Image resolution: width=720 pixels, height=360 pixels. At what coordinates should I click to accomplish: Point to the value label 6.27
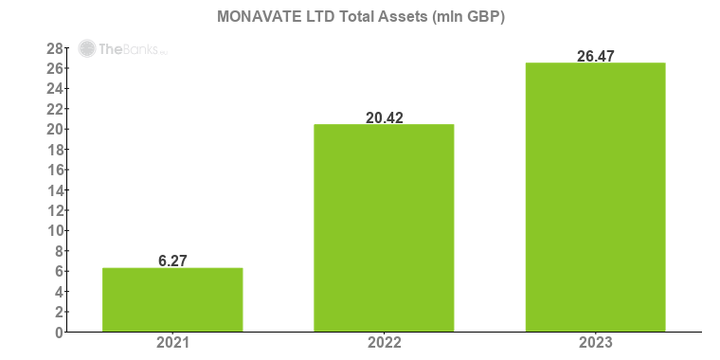(x=172, y=261)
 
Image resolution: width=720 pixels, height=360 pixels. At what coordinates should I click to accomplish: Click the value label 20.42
(x=384, y=117)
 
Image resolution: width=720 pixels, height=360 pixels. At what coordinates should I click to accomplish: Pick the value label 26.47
(x=596, y=56)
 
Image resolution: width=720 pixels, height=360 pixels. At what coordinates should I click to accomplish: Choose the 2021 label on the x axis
(x=172, y=343)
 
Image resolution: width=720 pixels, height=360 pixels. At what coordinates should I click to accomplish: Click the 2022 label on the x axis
(x=384, y=343)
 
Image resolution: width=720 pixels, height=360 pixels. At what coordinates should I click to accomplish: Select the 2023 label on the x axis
(x=596, y=343)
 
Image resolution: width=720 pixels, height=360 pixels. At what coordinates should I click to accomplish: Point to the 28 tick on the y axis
(x=55, y=48)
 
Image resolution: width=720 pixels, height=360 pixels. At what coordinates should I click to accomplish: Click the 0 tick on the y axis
(x=59, y=333)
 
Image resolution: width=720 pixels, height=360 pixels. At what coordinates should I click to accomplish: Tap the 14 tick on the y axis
(x=55, y=190)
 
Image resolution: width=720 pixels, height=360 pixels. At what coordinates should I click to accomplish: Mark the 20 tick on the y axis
(x=55, y=130)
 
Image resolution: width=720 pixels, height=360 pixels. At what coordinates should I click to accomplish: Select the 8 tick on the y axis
(x=59, y=251)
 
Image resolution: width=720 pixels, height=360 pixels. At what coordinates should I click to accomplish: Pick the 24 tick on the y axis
(x=55, y=89)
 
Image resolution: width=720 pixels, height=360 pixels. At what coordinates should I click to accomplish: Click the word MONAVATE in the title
(x=252, y=16)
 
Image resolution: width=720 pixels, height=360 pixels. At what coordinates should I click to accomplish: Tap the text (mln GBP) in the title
(x=470, y=16)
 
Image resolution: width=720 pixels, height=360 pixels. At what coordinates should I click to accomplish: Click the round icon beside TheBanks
(x=87, y=48)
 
